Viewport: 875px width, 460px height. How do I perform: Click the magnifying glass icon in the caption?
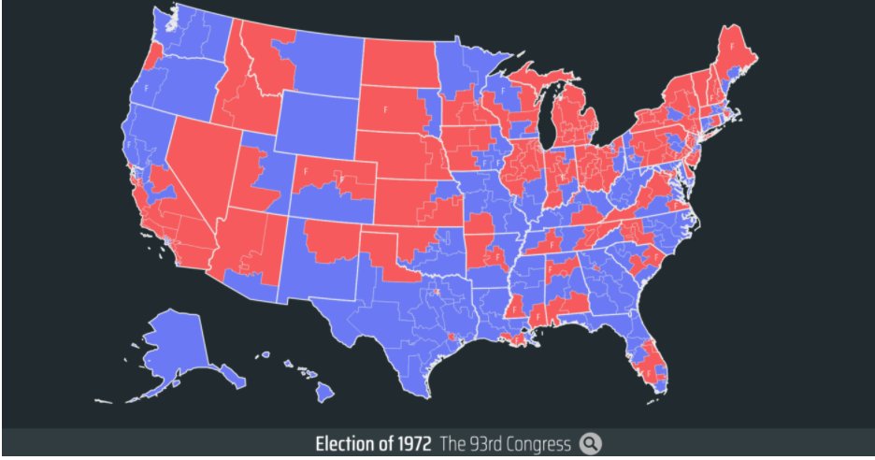coord(589,443)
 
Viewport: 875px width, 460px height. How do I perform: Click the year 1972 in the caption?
coord(405,443)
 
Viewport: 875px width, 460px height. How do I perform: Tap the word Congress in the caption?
coord(537,443)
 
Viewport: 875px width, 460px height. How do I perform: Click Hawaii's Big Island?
coord(323,394)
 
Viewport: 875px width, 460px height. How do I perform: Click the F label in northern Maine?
coord(731,44)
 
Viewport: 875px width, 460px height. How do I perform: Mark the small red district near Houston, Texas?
coord(452,335)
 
